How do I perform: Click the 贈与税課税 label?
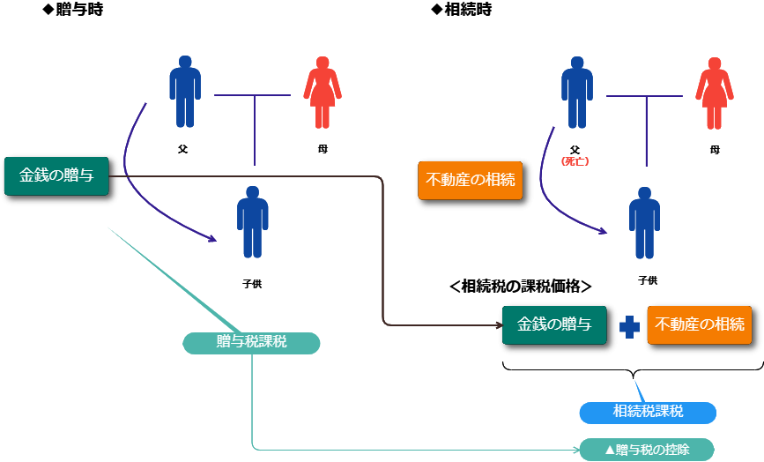[251, 343]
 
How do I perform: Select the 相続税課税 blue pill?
[647, 412]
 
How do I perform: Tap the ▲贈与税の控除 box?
[646, 450]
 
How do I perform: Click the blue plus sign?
[629, 326]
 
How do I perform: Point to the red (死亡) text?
[575, 161]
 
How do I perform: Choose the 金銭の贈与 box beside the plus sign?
[553, 324]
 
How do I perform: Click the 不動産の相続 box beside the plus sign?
[699, 324]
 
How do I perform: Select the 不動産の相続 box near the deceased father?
[470, 180]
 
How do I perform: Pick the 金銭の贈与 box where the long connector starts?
[56, 175]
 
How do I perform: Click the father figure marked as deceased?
[577, 93]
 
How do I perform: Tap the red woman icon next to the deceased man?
[714, 93]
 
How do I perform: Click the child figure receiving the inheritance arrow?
[644, 222]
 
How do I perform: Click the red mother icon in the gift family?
[322, 93]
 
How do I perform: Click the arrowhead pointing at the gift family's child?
[212, 238]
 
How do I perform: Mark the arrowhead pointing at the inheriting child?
[604, 231]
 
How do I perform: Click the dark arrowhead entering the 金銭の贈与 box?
[498, 325]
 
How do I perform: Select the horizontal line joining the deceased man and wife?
[644, 95]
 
